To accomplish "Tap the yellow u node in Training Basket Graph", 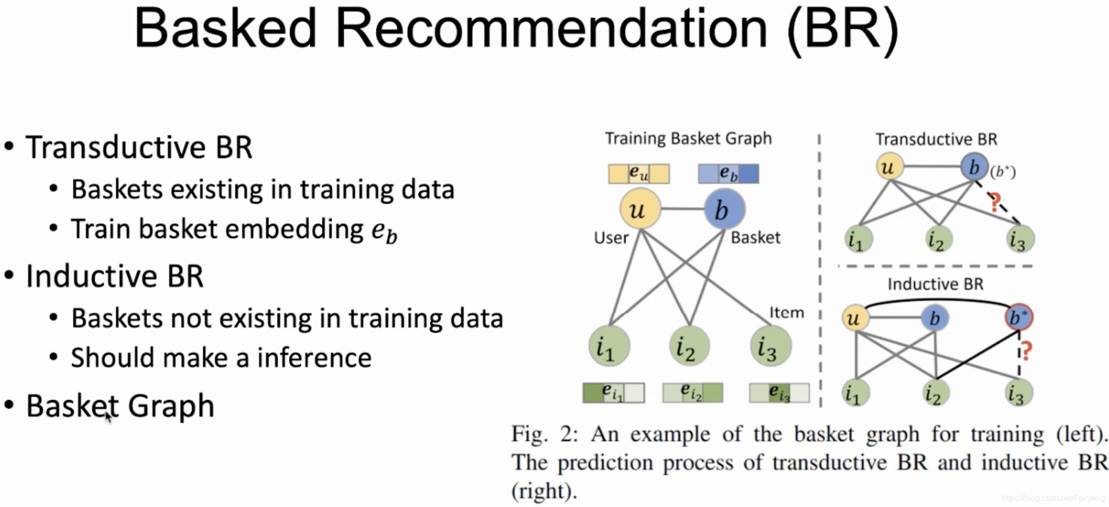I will point(640,209).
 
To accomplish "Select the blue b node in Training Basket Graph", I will point(724,209).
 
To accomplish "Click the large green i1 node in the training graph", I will point(609,346).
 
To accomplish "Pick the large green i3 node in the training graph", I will point(770,346).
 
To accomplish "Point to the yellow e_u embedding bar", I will point(639,174).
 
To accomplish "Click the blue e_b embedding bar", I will point(729,174).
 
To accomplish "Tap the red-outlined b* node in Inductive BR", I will point(1018,317).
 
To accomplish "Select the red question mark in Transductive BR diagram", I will point(995,202).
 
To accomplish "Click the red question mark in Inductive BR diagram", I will point(1025,351).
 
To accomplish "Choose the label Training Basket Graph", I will point(688,138).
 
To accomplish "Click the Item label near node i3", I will point(786,313).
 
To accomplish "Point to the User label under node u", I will point(611,238).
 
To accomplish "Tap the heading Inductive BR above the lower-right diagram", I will point(935,284).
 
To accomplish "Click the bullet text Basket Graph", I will point(120,406).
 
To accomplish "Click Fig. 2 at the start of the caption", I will point(545,434).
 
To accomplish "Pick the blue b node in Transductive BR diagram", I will point(974,167).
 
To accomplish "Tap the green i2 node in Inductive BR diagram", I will point(936,393).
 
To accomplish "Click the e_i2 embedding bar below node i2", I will point(692,393).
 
